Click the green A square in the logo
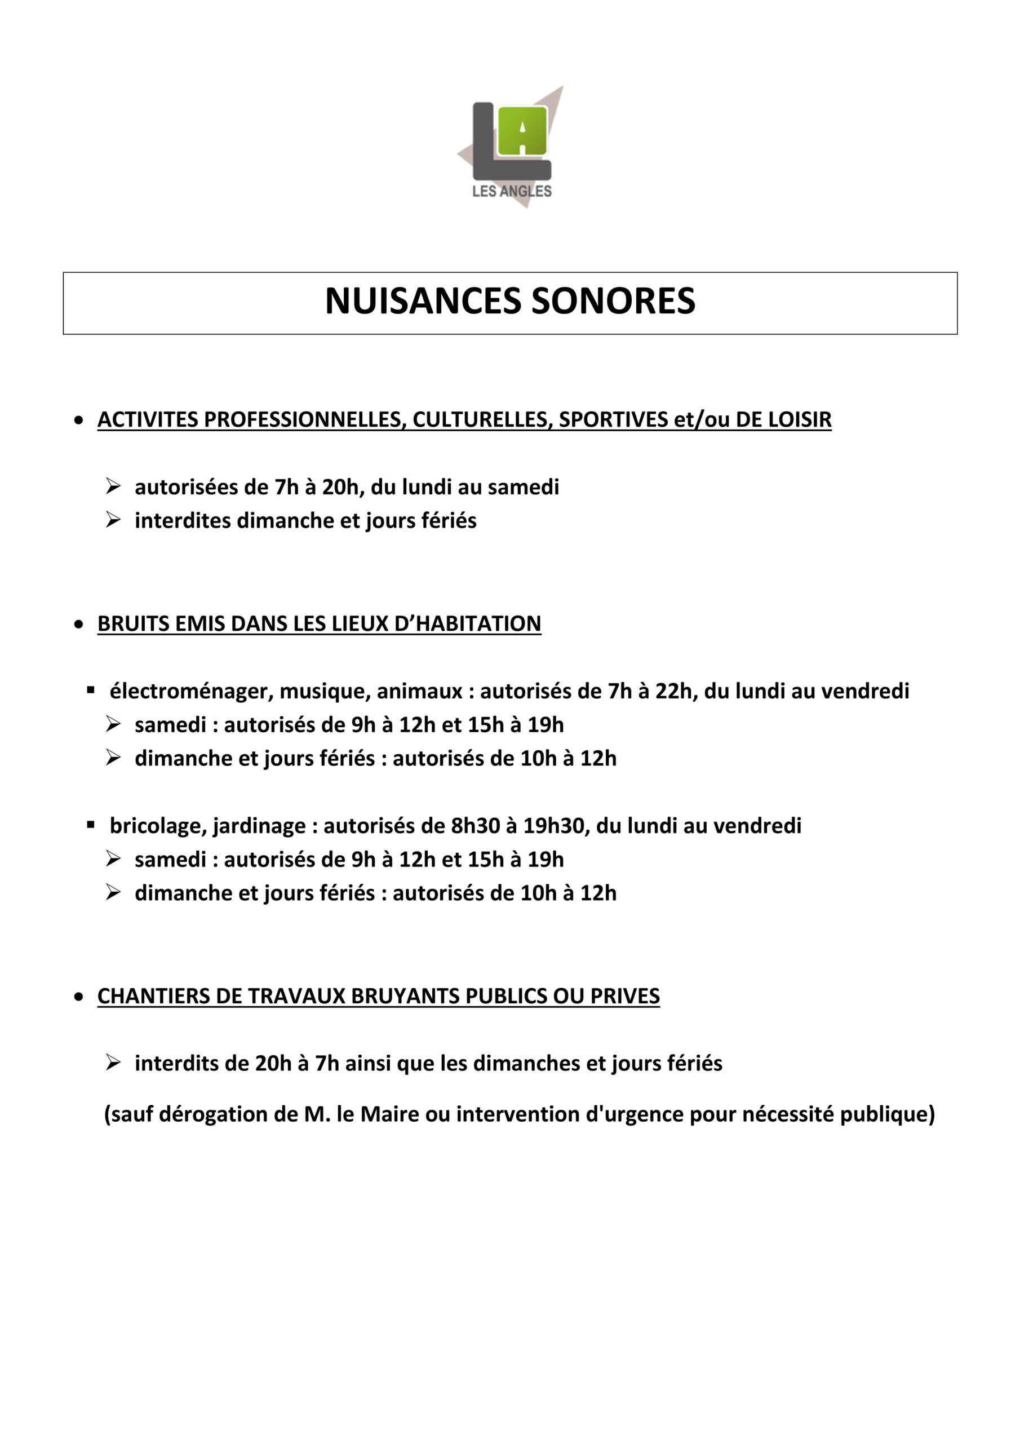pyautogui.click(x=522, y=131)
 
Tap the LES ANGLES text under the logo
pyautogui.click(x=512, y=191)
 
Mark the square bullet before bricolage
pyautogui.click(x=91, y=825)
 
